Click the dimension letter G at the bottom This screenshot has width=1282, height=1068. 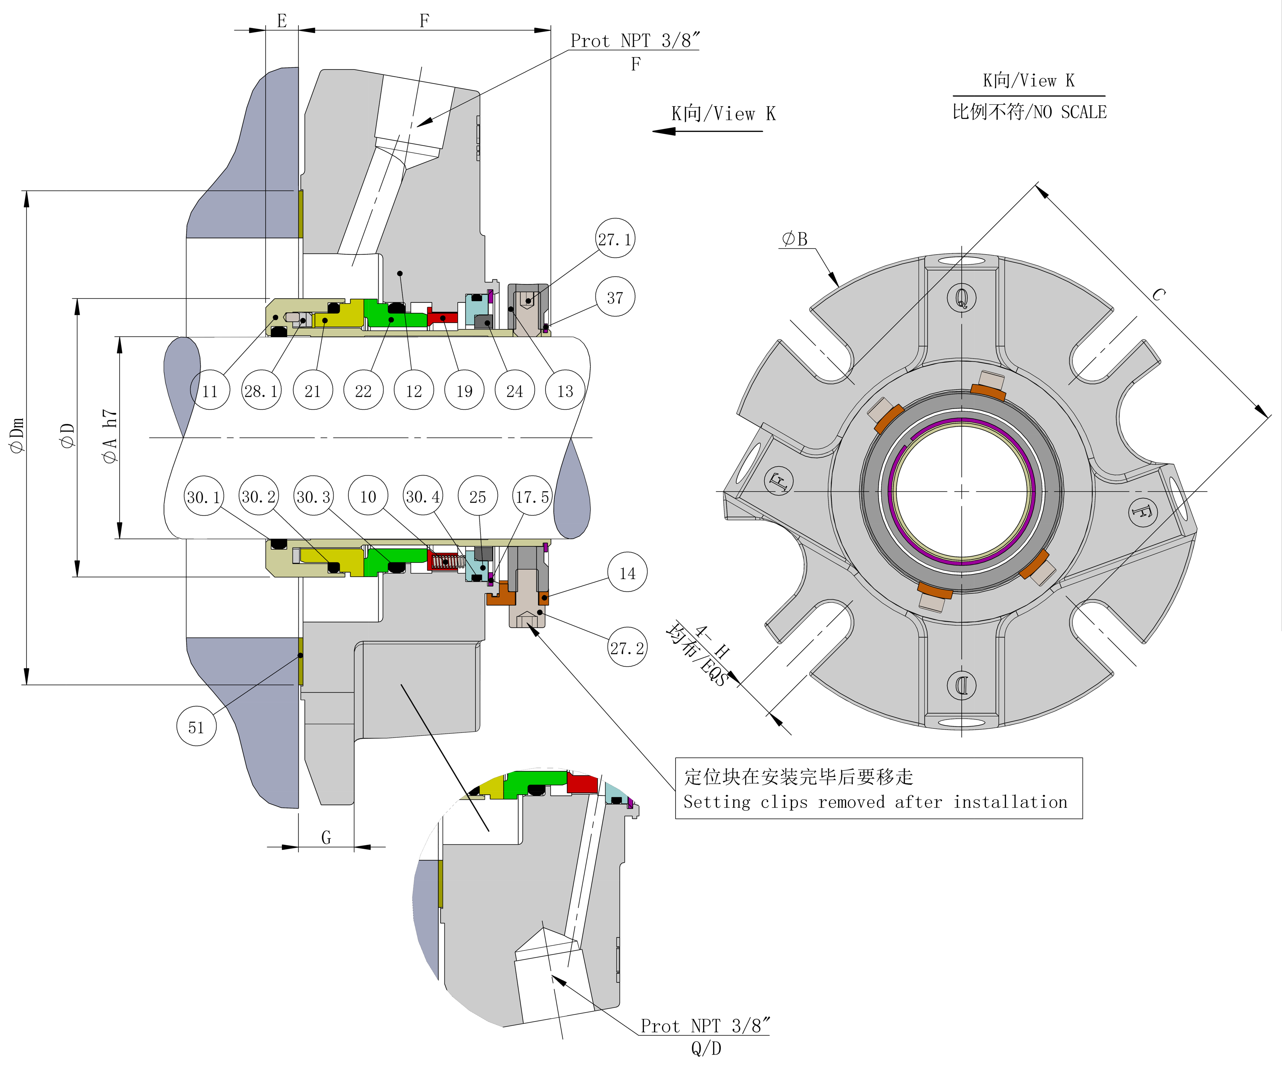coord(326,837)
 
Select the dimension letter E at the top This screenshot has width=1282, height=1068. coord(281,21)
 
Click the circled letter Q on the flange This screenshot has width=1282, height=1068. coord(961,298)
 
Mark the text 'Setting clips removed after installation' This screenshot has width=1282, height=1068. coord(875,802)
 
